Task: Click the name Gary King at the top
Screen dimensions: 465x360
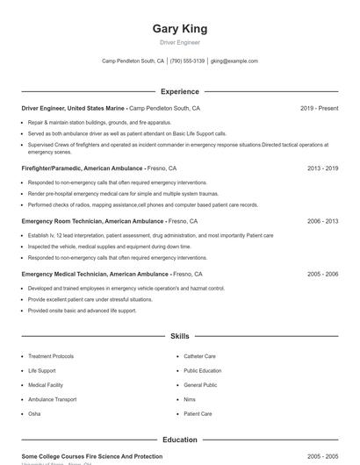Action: (179, 28)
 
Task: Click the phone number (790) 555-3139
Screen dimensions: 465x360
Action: (187, 61)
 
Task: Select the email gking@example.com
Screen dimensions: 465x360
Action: (234, 61)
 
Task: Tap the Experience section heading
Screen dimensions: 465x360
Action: (179, 91)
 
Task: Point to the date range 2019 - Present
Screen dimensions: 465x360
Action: (319, 108)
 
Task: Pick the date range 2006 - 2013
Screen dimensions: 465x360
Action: (323, 221)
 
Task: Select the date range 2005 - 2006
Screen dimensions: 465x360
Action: (323, 274)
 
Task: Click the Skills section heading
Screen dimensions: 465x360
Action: (179, 336)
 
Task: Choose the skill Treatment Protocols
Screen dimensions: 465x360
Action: (51, 356)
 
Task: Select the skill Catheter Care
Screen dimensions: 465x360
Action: (199, 356)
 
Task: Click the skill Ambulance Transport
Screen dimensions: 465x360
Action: (52, 399)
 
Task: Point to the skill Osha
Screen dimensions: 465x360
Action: (34, 413)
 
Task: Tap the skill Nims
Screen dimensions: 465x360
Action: (190, 399)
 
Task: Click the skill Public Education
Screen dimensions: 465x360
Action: (202, 370)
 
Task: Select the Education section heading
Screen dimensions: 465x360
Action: (179, 440)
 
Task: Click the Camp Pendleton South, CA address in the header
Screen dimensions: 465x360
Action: (133, 61)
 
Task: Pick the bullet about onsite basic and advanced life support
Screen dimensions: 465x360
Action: (82, 311)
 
